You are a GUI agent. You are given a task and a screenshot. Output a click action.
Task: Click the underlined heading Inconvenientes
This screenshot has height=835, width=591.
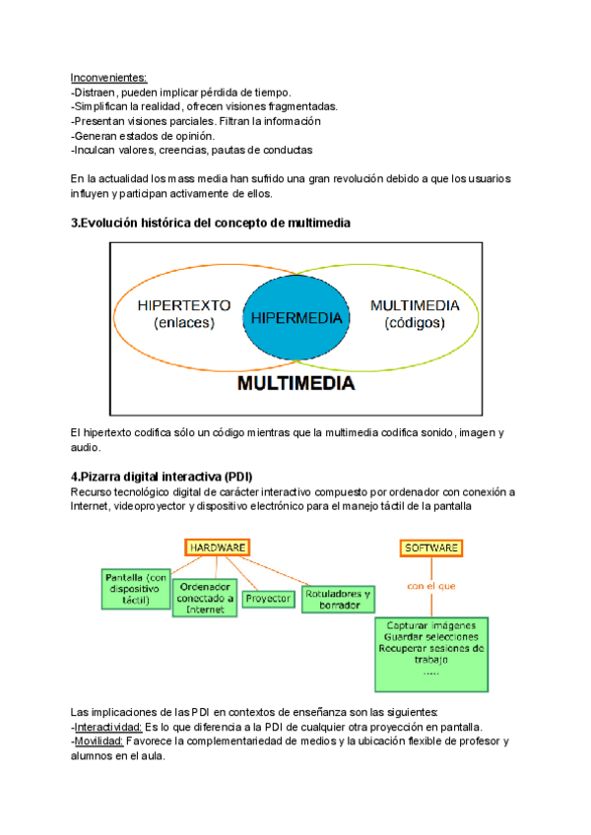point(108,77)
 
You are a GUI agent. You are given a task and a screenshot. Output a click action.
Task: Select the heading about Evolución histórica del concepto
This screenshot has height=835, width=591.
point(211,224)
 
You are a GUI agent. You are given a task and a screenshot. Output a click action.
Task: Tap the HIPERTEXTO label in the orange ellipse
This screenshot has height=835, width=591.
point(184,305)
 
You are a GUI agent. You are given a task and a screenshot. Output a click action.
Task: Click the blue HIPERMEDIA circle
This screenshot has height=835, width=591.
point(296,318)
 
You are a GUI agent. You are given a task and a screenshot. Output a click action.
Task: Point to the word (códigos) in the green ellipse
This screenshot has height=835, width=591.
point(415,323)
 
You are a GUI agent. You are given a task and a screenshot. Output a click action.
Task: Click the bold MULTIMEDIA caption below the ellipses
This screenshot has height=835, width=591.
point(295,384)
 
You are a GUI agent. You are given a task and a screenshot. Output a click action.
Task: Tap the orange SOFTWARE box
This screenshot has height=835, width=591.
point(430,546)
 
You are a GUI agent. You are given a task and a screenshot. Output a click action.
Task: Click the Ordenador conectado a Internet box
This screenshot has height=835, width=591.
point(205,597)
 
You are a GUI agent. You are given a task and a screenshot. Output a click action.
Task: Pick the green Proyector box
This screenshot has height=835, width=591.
point(268,598)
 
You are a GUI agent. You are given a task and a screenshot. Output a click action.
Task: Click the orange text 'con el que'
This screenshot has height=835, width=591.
point(431,585)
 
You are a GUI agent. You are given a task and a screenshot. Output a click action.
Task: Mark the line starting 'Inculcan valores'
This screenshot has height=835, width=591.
point(192,151)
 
